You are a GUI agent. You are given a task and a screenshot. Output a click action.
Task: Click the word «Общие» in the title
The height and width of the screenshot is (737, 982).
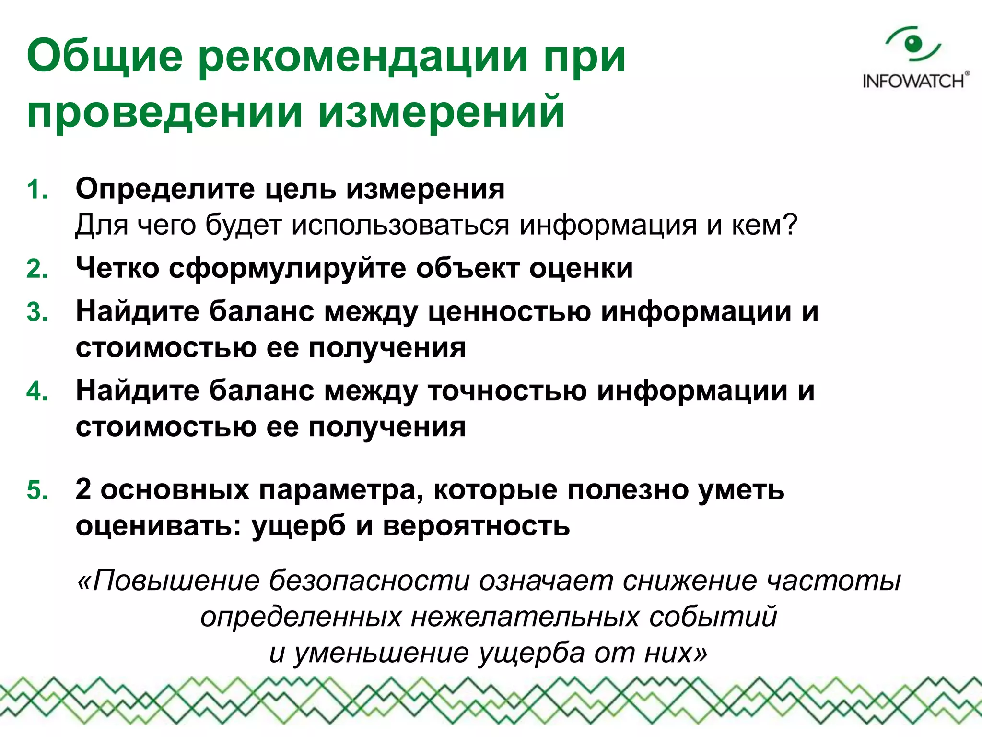(x=105, y=57)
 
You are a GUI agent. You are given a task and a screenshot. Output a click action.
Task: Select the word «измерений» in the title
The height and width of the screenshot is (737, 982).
(x=441, y=112)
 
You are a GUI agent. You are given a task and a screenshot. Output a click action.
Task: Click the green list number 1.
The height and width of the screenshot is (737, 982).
(x=37, y=190)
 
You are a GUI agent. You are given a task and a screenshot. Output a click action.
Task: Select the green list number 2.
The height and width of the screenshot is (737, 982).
(x=37, y=269)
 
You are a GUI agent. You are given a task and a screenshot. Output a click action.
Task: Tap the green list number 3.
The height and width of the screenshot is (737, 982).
(x=37, y=312)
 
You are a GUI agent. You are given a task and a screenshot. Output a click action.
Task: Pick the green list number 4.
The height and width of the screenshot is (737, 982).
(x=37, y=391)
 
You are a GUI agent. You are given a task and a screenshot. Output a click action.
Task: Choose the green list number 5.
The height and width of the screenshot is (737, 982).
(x=37, y=490)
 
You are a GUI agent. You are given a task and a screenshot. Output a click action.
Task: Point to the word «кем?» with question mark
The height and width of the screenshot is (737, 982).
(x=764, y=225)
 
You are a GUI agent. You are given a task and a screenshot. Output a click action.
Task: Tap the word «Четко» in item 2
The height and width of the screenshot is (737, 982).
(x=117, y=268)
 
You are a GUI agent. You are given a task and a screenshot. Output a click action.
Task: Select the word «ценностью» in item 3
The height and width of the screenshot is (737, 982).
(x=509, y=312)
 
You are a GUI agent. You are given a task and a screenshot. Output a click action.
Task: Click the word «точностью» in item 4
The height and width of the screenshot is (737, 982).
(x=507, y=391)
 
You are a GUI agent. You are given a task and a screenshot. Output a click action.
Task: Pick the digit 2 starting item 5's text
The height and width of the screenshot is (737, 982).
(x=83, y=489)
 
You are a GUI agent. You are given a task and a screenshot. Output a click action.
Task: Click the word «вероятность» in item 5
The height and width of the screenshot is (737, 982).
(x=476, y=526)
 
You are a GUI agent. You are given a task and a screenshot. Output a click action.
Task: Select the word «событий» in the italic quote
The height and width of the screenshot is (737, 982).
(x=713, y=617)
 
